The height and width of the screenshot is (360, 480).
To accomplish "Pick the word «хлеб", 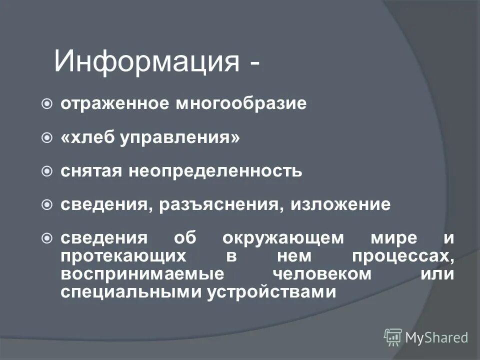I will coord(87,137).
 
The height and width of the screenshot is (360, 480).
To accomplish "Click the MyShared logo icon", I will coord(393,337).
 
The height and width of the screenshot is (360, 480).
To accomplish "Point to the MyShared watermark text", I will coord(436,338).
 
